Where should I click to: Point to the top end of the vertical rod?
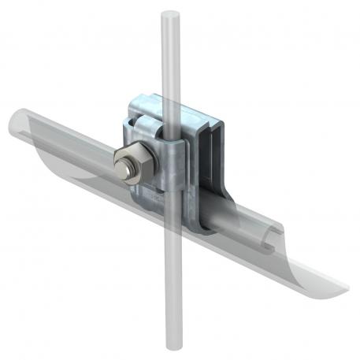[x=169, y=14]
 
